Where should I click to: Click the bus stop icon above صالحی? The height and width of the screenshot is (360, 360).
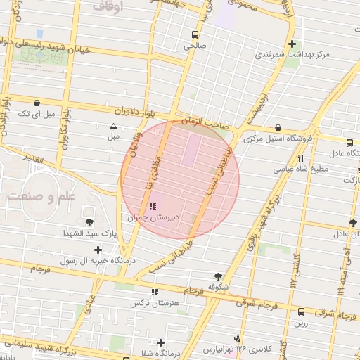[x=194, y=34]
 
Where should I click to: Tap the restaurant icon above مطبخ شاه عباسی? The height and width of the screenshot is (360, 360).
[x=301, y=159]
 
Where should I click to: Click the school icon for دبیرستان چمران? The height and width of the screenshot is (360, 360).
[x=153, y=207]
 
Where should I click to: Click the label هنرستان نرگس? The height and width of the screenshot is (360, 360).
[x=148, y=303]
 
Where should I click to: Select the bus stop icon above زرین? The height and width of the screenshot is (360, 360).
[x=301, y=311]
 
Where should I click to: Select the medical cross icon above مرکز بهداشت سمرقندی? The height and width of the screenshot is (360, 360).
[x=291, y=44]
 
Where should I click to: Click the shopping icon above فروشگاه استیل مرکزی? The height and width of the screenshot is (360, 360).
[x=279, y=128]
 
